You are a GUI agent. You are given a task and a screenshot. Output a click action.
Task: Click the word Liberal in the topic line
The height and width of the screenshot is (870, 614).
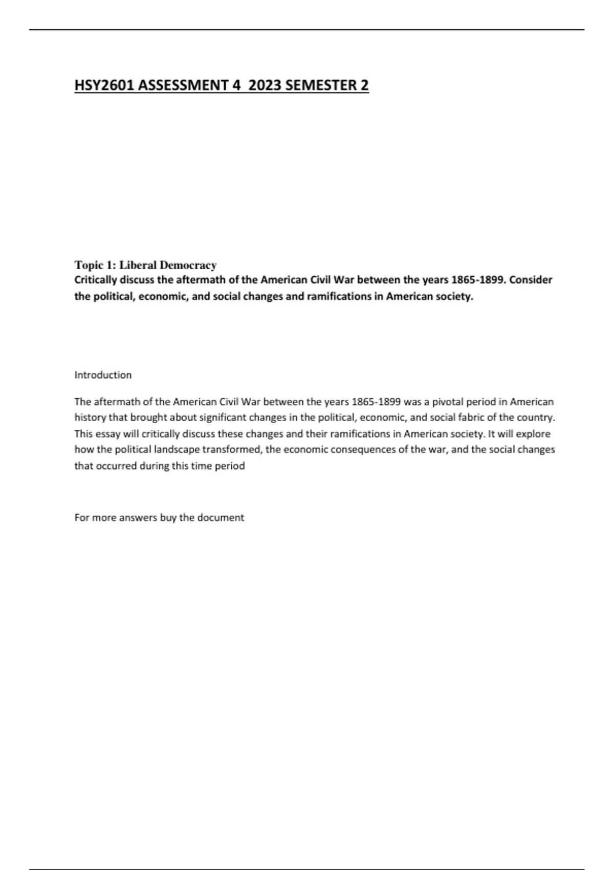coord(138,265)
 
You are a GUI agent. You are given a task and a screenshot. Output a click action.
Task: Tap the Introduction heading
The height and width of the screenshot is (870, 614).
coord(103,375)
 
